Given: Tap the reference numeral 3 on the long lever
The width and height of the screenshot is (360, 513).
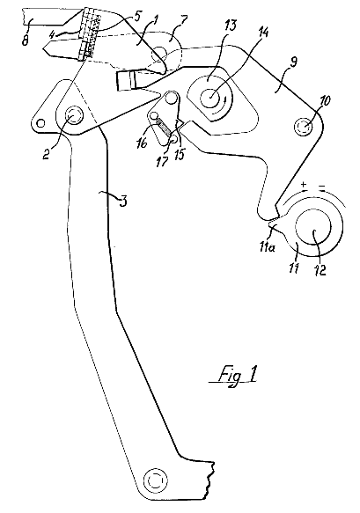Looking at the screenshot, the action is pyautogui.click(x=122, y=201).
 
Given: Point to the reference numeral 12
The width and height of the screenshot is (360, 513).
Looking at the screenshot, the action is pyautogui.click(x=321, y=269).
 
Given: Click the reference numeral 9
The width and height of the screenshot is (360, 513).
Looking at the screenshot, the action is pyautogui.click(x=292, y=62).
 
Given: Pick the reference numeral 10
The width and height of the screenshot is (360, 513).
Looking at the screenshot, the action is pyautogui.click(x=326, y=101).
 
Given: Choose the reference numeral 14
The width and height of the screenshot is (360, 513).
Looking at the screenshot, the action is pyautogui.click(x=263, y=34).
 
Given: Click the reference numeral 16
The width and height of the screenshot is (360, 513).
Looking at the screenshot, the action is pyautogui.click(x=142, y=143).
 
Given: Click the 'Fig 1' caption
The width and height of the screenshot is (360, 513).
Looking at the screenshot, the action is pyautogui.click(x=233, y=376).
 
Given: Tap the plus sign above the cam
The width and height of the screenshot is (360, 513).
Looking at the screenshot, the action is pyautogui.click(x=304, y=184).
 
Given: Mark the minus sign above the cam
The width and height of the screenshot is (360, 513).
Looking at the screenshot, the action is pyautogui.click(x=322, y=187).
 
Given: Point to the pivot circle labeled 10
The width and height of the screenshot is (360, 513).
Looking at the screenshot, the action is pyautogui.click(x=303, y=126).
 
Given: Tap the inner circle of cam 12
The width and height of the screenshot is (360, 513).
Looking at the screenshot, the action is pyautogui.click(x=313, y=227).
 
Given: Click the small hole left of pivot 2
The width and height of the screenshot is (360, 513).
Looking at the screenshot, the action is pyautogui.click(x=40, y=123).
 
